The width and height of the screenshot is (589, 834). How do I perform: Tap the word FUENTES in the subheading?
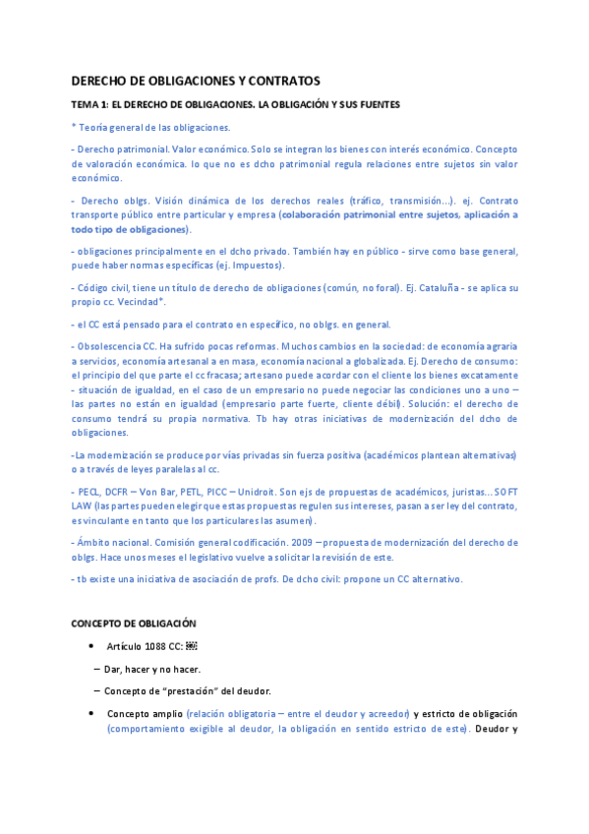tap(376, 104)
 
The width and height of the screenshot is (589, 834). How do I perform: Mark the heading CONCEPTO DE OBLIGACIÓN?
tap(134, 624)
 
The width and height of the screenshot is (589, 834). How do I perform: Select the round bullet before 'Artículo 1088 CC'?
tap(90, 646)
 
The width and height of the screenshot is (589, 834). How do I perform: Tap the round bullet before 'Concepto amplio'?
tap(90, 713)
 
